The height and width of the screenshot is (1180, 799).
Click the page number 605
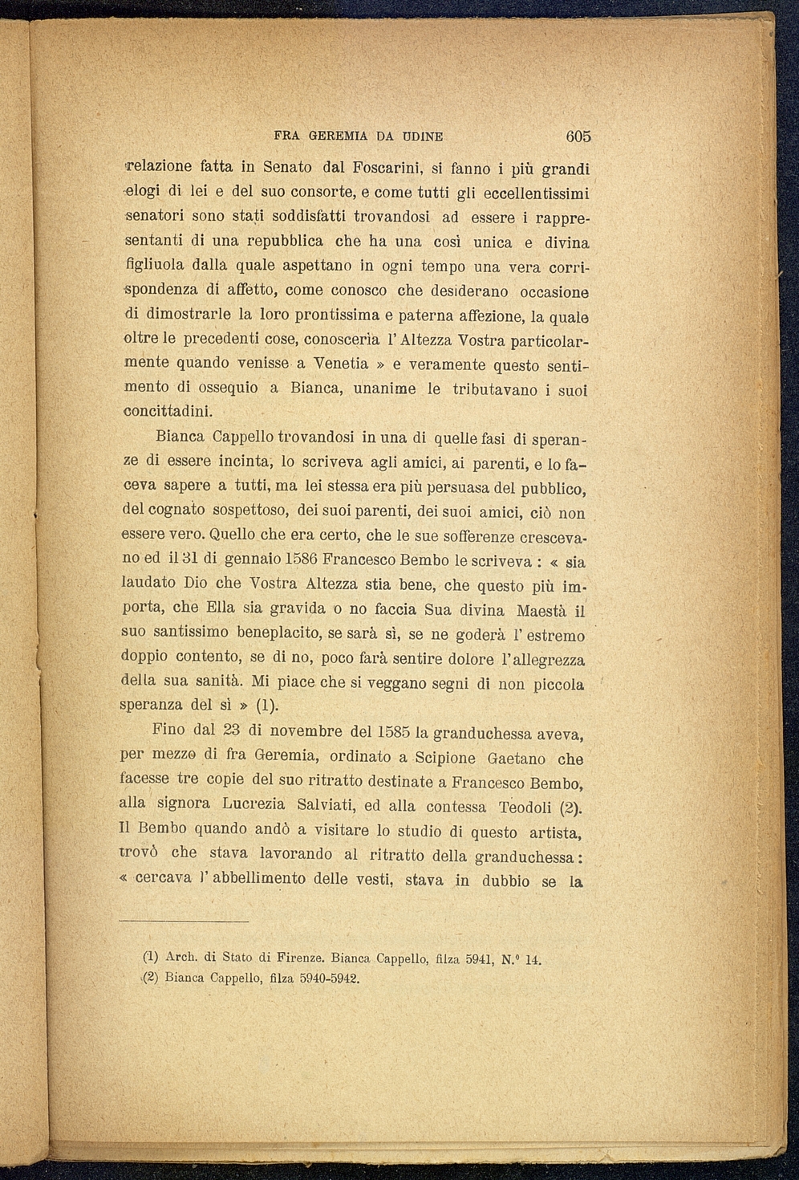tap(578, 136)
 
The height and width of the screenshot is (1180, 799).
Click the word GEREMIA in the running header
tap(339, 136)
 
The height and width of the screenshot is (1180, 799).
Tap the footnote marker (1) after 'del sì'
tap(267, 706)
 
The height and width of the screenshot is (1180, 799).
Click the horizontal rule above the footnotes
tap(184, 922)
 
